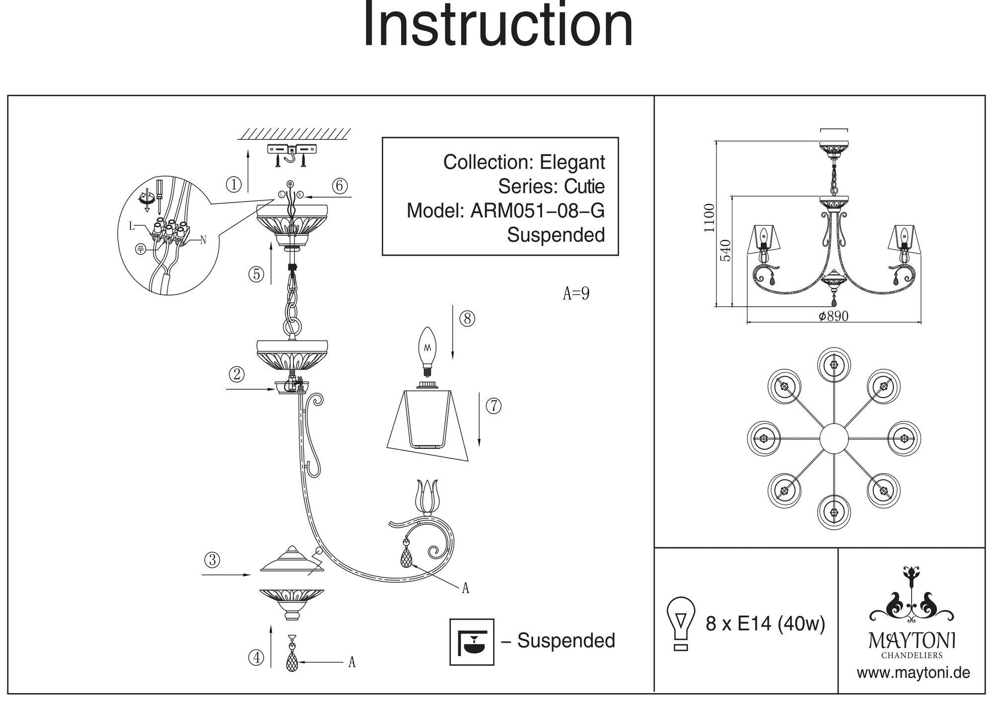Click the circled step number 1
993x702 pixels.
click(x=233, y=185)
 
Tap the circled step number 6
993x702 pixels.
click(x=340, y=186)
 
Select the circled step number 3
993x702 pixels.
click(x=212, y=560)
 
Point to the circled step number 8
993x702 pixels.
click(x=467, y=318)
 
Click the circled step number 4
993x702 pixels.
click(x=256, y=658)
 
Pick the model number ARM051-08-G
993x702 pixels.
click(x=537, y=211)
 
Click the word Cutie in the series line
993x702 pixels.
click(x=584, y=187)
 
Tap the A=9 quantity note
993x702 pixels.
click(x=576, y=293)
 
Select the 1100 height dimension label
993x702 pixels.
click(x=709, y=218)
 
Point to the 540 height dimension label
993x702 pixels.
click(x=725, y=250)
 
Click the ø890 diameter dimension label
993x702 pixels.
click(x=834, y=316)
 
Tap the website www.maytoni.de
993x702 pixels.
click(x=913, y=673)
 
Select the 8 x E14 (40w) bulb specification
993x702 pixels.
click(x=765, y=624)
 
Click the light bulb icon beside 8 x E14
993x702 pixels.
click(x=681, y=624)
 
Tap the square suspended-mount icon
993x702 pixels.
click(x=472, y=641)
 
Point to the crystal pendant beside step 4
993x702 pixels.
click(x=292, y=658)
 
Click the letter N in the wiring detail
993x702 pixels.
click(x=203, y=240)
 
